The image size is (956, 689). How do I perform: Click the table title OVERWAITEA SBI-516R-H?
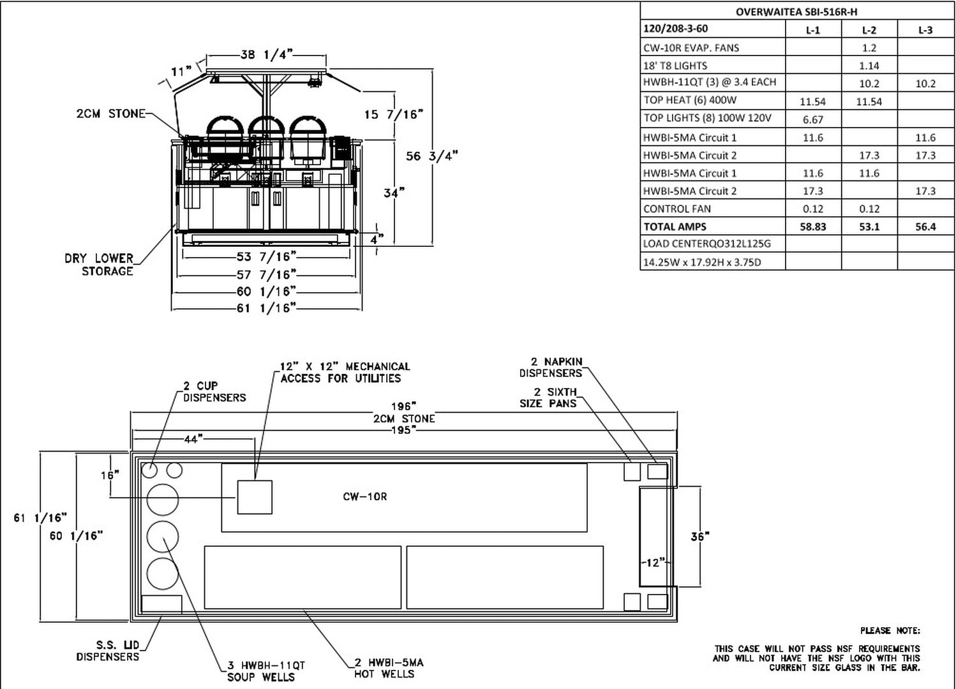(796, 11)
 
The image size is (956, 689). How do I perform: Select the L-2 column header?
(869, 29)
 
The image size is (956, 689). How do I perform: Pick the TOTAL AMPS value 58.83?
(812, 226)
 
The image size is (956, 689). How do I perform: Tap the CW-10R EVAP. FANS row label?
(691, 47)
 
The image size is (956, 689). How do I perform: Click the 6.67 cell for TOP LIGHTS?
(812, 119)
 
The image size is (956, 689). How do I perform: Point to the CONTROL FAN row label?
(676, 209)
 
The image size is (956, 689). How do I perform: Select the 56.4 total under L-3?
(925, 226)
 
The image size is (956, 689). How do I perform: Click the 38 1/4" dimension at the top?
(267, 55)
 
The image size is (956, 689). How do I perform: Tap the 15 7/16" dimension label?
(394, 114)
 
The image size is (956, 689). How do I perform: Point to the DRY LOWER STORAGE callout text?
(100, 265)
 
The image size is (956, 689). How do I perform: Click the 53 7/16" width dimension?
(267, 256)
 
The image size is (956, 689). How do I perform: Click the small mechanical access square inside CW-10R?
(255, 497)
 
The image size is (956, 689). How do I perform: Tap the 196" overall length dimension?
(403, 406)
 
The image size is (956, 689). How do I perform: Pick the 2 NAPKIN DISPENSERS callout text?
(551, 367)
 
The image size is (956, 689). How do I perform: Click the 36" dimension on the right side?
(699, 537)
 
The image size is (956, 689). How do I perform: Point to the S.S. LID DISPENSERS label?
(108, 651)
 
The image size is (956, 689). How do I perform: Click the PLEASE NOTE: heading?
(890, 631)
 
